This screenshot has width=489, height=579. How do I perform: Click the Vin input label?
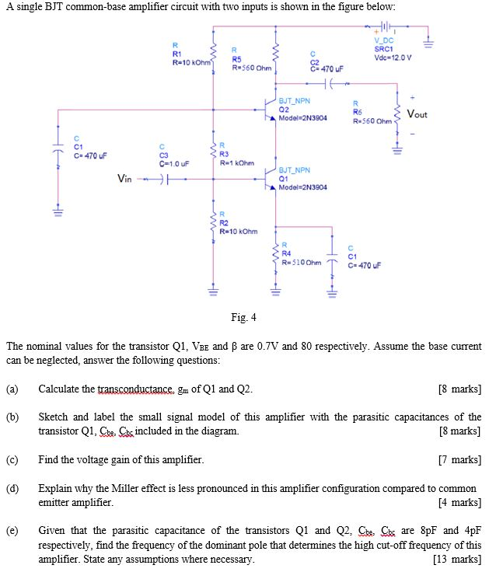click(125, 180)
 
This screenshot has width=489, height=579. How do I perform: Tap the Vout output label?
click(416, 114)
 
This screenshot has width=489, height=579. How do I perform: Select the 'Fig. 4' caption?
click(243, 316)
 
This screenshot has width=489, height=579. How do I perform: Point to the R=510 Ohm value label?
click(300, 261)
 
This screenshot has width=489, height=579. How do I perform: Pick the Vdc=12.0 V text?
click(393, 58)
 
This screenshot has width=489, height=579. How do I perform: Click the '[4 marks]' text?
click(463, 502)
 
